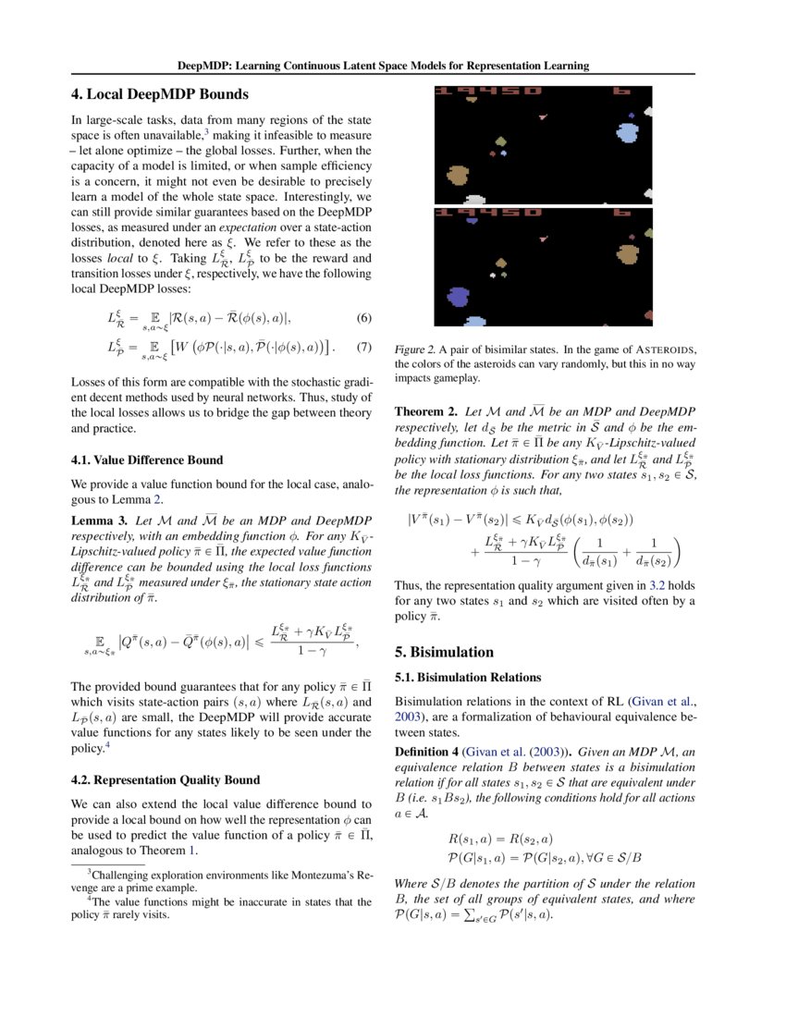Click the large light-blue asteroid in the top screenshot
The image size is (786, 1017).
click(628, 133)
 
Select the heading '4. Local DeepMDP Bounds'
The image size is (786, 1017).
click(160, 93)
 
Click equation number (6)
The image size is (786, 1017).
click(364, 318)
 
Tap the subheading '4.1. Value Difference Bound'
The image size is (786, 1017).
click(147, 459)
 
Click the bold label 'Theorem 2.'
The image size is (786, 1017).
click(426, 410)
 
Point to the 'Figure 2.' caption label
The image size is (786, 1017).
click(415, 349)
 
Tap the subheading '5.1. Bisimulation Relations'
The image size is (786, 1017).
click(468, 677)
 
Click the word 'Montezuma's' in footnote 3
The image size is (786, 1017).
click(313, 872)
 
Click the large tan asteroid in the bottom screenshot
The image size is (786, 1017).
click(628, 254)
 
